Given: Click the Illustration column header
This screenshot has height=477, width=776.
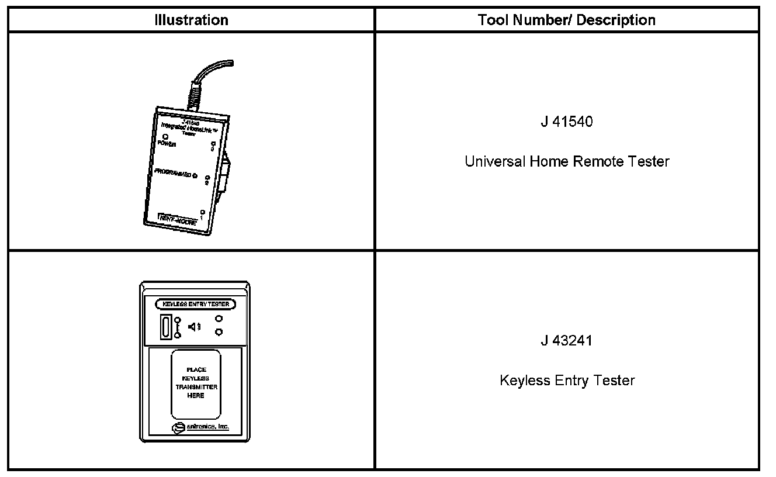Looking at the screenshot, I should pyautogui.click(x=191, y=20).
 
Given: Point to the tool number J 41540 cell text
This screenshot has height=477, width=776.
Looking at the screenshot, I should pyautogui.click(x=566, y=122).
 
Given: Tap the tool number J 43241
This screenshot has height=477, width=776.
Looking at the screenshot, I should pyautogui.click(x=566, y=341).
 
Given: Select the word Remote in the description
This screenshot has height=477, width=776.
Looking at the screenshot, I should pyautogui.click(x=597, y=161).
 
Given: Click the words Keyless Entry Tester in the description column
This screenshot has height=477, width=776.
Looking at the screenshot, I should pyautogui.click(x=567, y=381).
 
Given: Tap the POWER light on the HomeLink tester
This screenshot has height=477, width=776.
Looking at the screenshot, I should pyautogui.click(x=158, y=137).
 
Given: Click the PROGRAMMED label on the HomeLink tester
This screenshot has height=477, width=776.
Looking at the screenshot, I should pyautogui.click(x=172, y=173).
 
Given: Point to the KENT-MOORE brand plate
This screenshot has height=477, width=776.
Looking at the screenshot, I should pyautogui.click(x=178, y=219).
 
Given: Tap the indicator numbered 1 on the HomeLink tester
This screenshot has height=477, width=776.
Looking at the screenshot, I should pyautogui.click(x=202, y=212).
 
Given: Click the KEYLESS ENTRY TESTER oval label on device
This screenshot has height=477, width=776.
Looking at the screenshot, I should pyautogui.click(x=196, y=304).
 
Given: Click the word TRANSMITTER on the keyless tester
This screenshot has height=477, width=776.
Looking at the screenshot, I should pyautogui.click(x=196, y=387).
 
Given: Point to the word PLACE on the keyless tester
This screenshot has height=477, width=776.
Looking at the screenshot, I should pyautogui.click(x=196, y=369).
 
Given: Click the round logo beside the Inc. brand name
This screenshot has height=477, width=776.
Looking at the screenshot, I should pyautogui.click(x=177, y=428).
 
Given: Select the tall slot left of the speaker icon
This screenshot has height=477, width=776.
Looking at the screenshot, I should pyautogui.click(x=166, y=327).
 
